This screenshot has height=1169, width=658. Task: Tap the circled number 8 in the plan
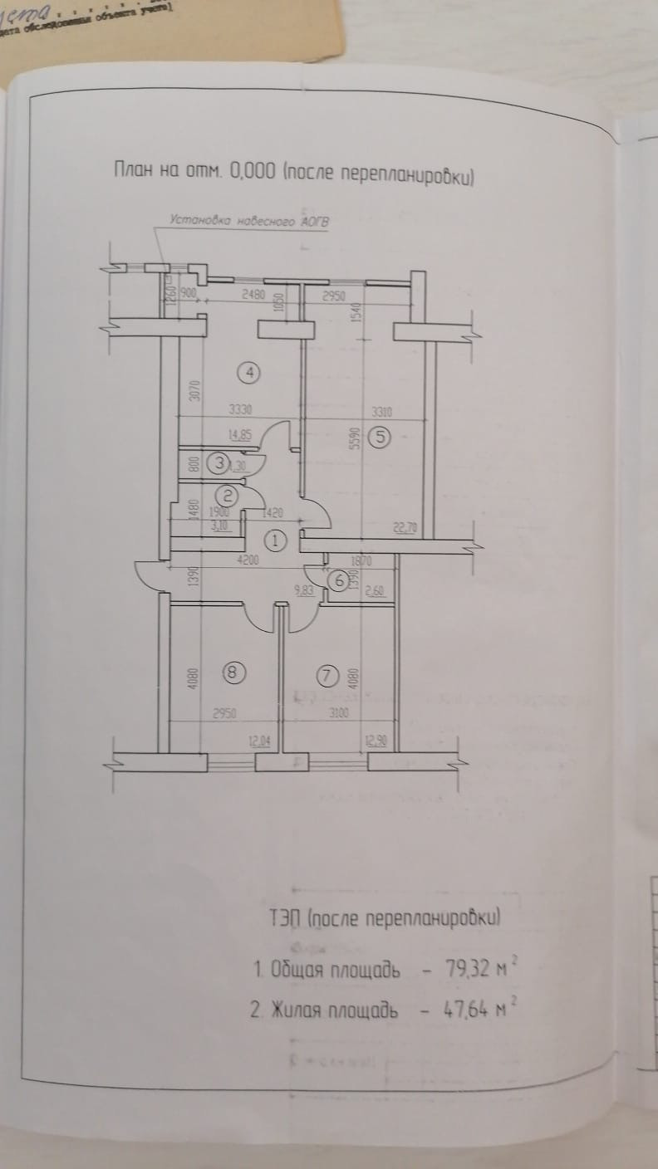click(x=235, y=673)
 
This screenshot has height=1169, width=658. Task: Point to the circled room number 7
click(x=328, y=677)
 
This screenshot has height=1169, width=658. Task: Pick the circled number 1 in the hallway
click(x=277, y=540)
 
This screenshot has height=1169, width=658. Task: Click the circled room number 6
click(x=337, y=581)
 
